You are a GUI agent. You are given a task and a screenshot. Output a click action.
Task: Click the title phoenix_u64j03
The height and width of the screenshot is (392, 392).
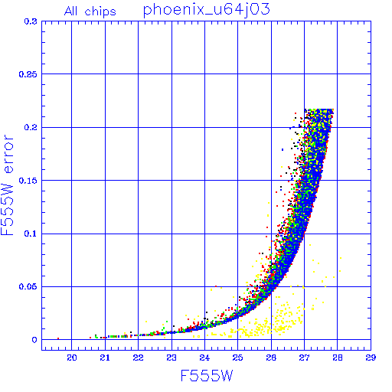pos(206,11)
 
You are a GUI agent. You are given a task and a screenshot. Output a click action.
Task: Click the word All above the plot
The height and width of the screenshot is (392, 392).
pos(71,11)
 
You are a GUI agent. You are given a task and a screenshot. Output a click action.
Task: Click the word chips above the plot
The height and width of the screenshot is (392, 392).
pos(100,12)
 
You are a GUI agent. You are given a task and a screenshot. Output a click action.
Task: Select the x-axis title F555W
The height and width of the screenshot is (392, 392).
pos(207,376)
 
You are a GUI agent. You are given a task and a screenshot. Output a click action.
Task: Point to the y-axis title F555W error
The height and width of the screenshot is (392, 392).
pos(7,185)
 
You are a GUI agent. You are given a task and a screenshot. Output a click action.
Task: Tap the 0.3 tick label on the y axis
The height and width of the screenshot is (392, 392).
pos(31,21)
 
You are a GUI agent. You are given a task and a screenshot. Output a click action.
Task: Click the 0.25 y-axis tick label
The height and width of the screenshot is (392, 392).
pos(28,74)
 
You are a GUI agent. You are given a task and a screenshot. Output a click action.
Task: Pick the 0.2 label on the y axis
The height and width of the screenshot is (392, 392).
pos(31,127)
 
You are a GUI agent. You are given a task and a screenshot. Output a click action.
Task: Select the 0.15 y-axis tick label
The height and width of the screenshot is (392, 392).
pos(28,181)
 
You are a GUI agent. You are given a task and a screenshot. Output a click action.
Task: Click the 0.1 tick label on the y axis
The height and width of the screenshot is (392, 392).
pos(31,234)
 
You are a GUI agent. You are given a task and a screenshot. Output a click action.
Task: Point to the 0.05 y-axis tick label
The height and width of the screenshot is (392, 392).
pos(28,286)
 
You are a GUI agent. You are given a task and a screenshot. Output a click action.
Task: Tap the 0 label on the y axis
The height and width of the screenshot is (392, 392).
pos(34,340)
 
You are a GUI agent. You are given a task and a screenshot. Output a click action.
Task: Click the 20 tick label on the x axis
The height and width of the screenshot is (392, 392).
pos(72,358)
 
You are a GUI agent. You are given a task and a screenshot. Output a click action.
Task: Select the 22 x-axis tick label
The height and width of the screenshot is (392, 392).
pos(138,358)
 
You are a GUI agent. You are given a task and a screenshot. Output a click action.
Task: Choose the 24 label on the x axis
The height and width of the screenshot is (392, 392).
pos(204,358)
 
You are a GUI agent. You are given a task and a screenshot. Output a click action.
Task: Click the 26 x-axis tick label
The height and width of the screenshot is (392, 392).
pos(271,358)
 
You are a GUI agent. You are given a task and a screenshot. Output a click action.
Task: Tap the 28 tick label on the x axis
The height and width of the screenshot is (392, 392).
pos(338,358)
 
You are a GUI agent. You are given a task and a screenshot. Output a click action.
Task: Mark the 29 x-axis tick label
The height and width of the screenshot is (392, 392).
pos(371,358)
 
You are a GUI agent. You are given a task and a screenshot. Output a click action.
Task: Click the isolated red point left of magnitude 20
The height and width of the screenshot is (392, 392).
pos(58,338)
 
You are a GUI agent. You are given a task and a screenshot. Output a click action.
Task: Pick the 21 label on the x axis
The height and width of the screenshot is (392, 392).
pos(105,358)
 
